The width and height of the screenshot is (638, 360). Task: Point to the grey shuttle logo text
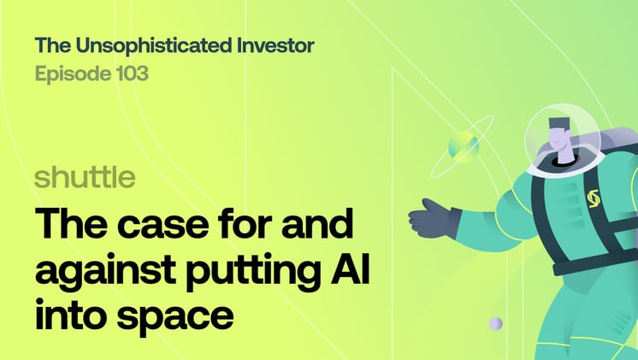(85, 178)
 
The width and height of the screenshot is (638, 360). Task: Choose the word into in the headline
(66, 311)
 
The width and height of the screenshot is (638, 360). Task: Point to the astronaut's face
(561, 134)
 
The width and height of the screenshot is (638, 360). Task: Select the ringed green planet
(462, 146)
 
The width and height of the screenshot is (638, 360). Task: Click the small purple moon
(495, 324)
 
